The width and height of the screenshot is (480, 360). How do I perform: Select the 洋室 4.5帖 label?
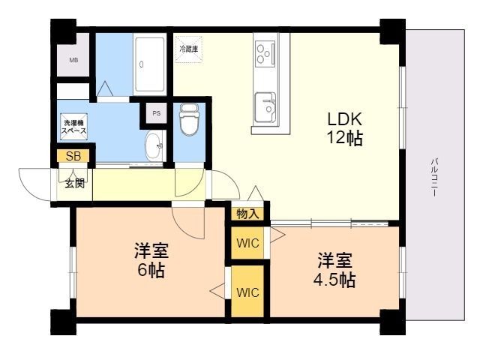click(334, 271)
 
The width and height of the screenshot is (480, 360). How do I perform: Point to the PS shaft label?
click(156, 113)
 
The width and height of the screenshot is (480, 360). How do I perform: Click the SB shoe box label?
click(73, 156)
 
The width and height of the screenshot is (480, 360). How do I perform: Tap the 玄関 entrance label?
click(73, 183)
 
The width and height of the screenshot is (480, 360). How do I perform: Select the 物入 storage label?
click(247, 214)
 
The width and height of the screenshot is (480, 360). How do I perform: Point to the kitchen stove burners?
click(265, 53)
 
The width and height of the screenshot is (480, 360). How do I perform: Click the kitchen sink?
click(265, 105)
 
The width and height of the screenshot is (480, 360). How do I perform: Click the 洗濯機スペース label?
click(73, 126)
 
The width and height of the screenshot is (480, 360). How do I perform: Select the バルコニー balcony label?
click(434, 176)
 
